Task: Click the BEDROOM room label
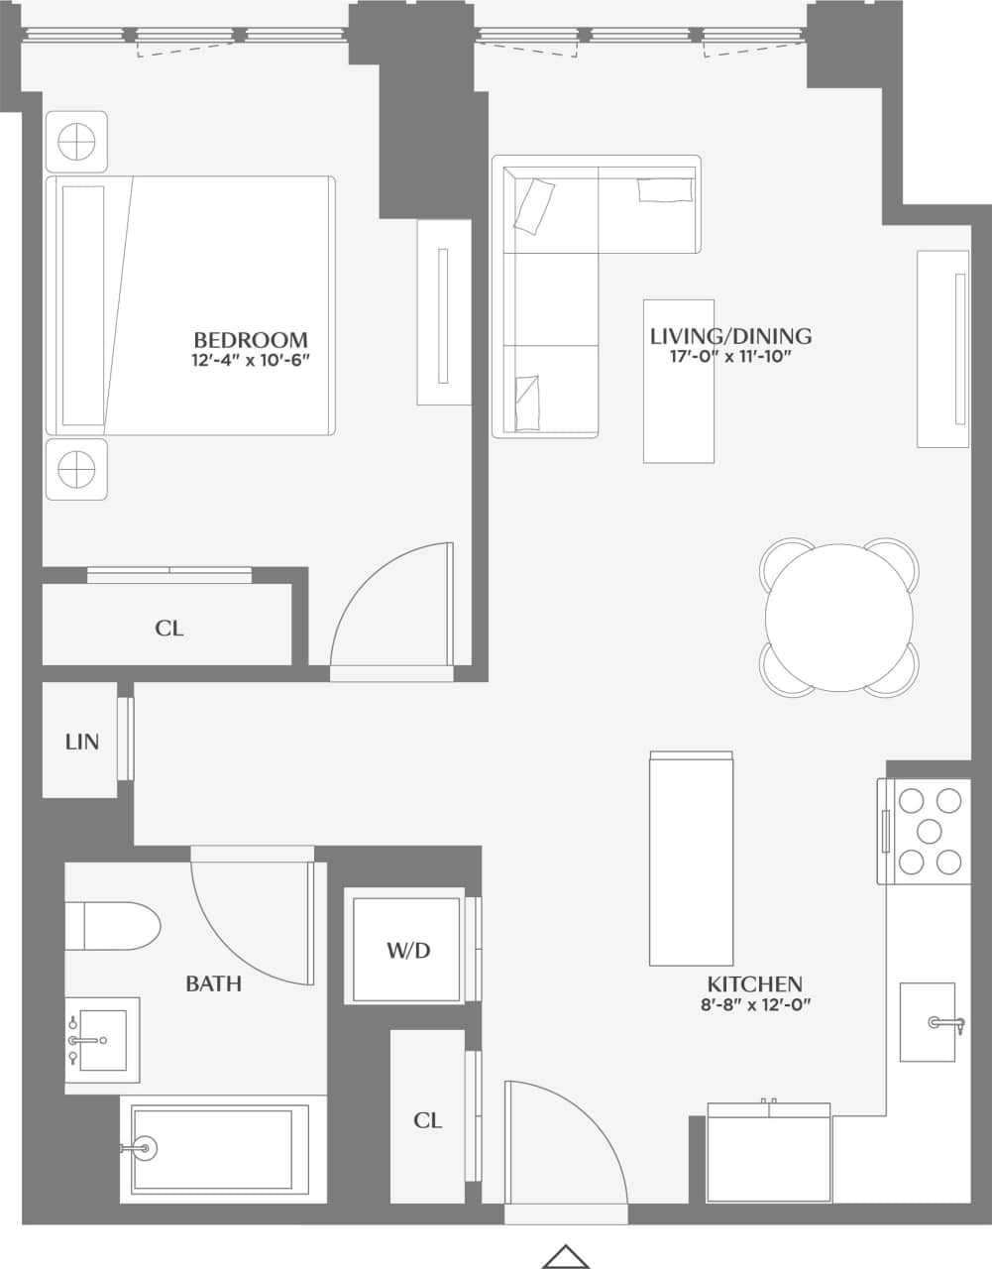[250, 339]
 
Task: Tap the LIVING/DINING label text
[730, 336]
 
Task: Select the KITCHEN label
[754, 984]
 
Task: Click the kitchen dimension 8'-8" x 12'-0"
[754, 1004]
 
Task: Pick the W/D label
[408, 951]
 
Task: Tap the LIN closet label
[81, 742]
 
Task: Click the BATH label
[213, 983]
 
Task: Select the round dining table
[838, 619]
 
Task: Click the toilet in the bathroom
[113, 926]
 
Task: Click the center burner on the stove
[930, 829]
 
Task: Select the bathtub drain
[144, 1149]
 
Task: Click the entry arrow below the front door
[566, 1255]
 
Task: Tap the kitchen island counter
[691, 859]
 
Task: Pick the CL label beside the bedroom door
[169, 629]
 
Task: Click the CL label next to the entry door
[427, 1120]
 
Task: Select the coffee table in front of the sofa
[679, 382]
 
